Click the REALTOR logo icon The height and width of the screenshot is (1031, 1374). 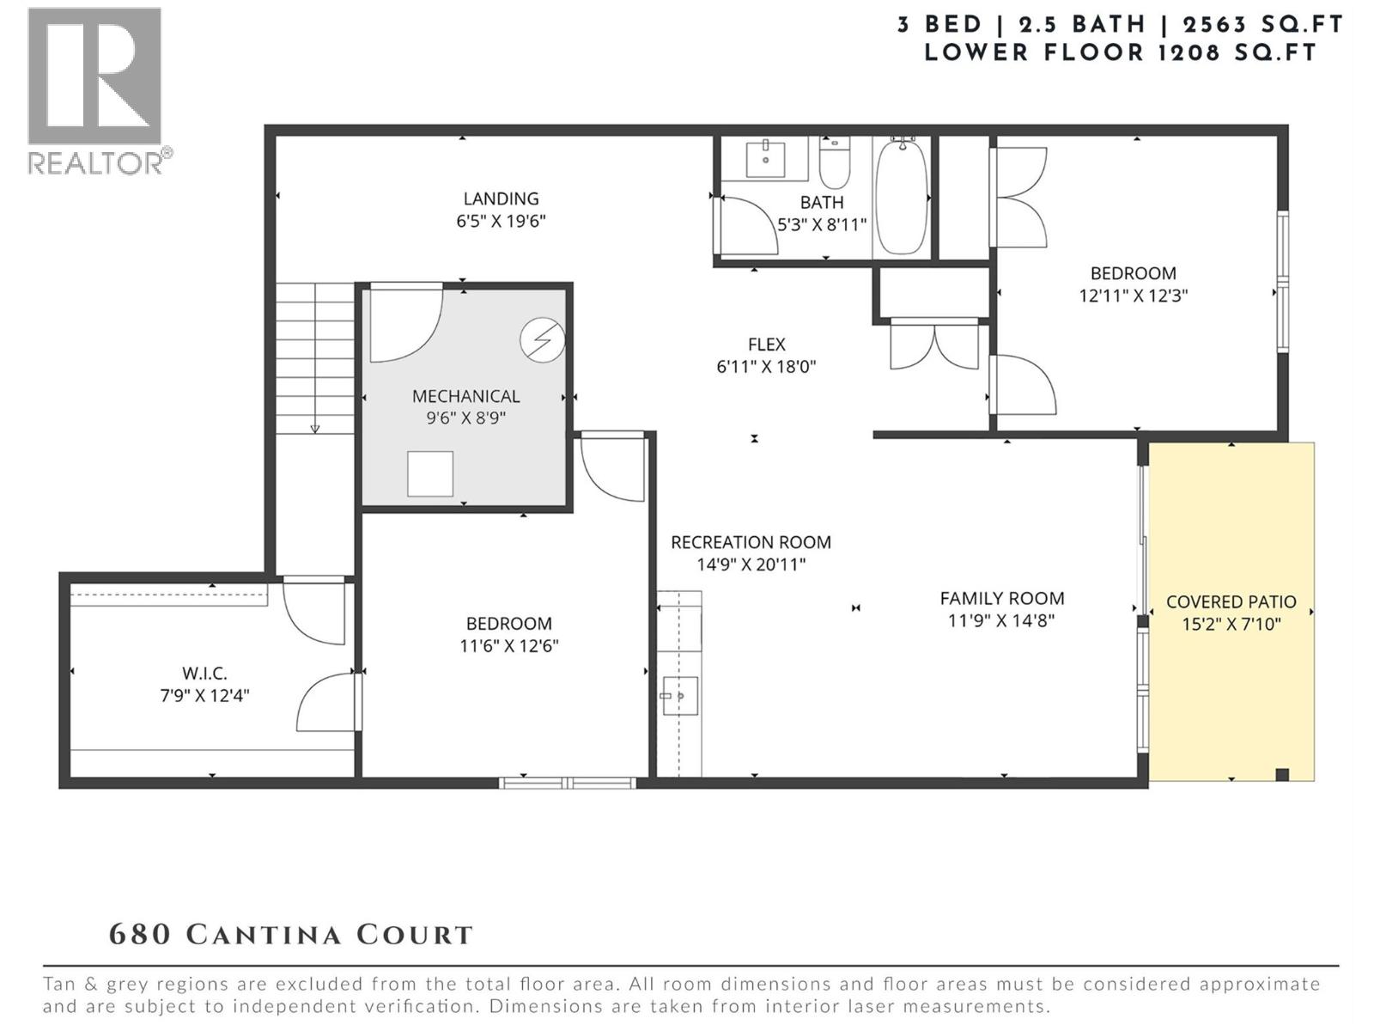[x=94, y=76]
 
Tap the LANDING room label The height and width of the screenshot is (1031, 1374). [x=501, y=198]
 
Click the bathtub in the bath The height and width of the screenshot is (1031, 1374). [x=902, y=197]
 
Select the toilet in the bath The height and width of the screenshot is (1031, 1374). [x=834, y=162]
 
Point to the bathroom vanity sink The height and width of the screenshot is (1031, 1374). [x=765, y=159]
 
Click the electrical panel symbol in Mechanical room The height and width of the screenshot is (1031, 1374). [x=543, y=340]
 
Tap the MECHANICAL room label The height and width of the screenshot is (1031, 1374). [x=465, y=396]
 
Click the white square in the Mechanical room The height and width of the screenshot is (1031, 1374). [x=430, y=473]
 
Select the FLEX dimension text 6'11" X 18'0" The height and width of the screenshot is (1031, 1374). [x=766, y=367]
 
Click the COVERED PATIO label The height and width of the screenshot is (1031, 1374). [x=1231, y=602]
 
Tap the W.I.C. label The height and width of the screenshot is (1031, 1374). [x=204, y=674]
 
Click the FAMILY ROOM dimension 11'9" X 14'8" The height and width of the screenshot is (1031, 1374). [x=1001, y=621]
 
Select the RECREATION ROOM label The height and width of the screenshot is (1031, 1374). [x=751, y=542]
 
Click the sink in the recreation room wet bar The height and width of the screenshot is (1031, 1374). [x=680, y=696]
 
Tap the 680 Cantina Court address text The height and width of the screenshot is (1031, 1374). [x=291, y=935]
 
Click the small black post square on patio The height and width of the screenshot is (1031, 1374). [x=1282, y=774]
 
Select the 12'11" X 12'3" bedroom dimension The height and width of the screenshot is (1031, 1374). [x=1133, y=296]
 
